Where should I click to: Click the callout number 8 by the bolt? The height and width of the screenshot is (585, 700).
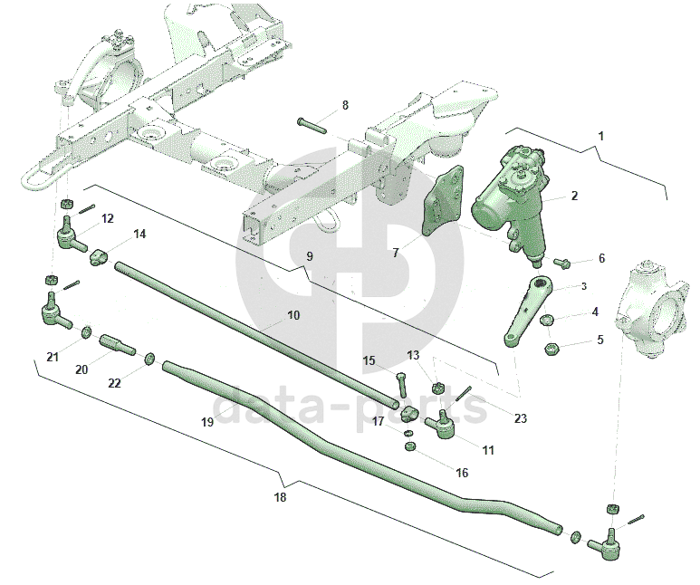point(344,106)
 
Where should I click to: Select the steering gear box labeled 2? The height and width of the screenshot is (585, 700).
point(512,199)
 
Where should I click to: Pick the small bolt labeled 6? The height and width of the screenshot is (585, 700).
point(561,263)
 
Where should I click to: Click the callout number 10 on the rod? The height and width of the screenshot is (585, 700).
point(292,316)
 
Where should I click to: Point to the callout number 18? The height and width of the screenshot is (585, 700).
point(280,497)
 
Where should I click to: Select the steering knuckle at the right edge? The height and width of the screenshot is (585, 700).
point(650,304)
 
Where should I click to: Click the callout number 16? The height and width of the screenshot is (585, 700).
point(462,473)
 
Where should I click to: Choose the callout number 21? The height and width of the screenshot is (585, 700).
point(53,357)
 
